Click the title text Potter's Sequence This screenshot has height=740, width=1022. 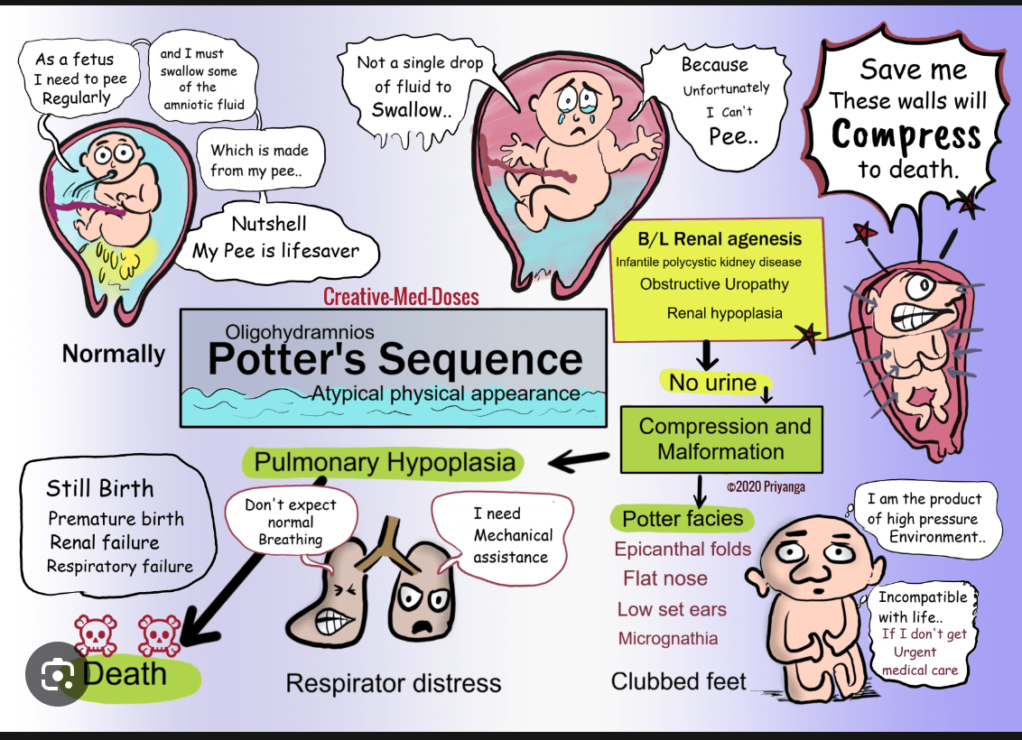395,359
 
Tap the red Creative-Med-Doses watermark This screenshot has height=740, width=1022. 401,297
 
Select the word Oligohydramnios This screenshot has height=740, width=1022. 300,332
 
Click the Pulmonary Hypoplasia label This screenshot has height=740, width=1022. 385,462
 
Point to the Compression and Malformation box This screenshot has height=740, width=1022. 721,439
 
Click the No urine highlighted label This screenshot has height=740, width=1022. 713,383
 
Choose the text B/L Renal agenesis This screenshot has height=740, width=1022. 720,239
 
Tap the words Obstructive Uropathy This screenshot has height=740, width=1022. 714,284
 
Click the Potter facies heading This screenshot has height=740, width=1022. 683,519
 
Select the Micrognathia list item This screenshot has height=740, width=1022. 668,638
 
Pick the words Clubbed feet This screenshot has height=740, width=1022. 679,681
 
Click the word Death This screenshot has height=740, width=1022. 125,674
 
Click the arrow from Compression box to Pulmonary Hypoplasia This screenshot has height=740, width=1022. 579,461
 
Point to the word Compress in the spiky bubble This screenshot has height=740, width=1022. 906,135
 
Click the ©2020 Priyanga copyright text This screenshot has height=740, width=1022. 766,486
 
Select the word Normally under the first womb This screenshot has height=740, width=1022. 114,354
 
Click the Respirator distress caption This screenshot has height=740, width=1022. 393,683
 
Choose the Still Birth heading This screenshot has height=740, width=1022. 99,488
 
